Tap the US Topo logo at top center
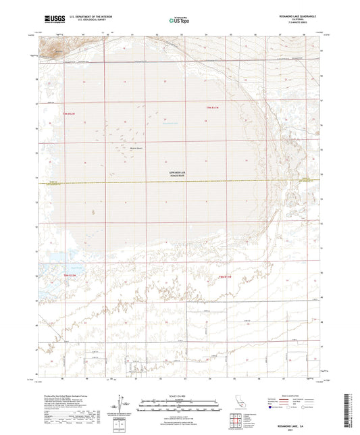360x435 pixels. (x=179, y=20)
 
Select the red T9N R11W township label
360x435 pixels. (x=213, y=107)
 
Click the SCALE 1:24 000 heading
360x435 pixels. (x=180, y=395)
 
